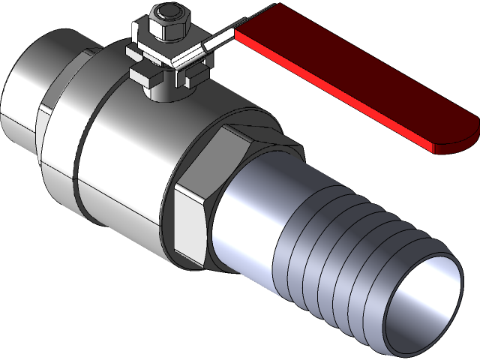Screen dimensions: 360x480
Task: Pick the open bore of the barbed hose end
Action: tap(424, 300)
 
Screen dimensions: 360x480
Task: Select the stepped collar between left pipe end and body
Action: tap(60, 120)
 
